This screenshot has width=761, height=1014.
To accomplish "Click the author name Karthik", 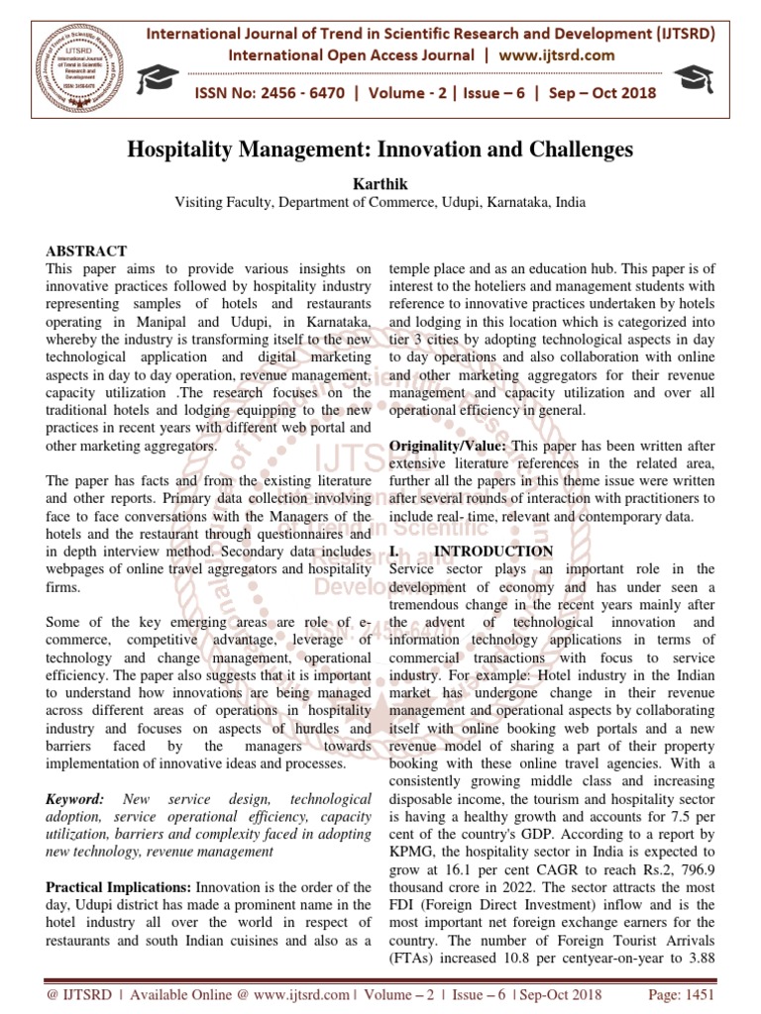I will coord(380,183).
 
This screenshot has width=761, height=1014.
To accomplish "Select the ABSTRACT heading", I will coord(87,251).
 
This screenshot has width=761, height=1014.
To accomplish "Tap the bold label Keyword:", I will coord(75,798).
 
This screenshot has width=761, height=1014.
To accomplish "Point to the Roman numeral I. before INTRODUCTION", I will coord(395,551).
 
